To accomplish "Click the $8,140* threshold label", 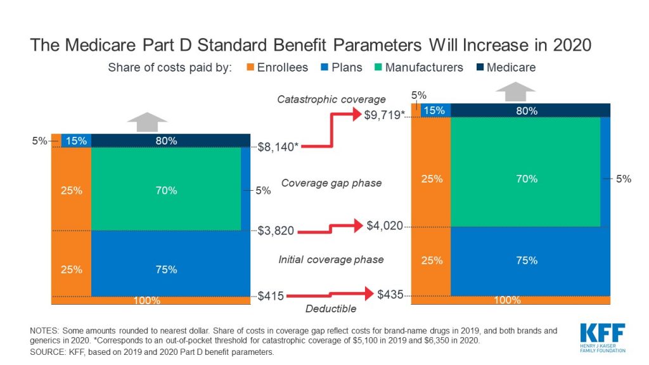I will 279,146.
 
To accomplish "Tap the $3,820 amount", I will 276,231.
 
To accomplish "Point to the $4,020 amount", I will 385,225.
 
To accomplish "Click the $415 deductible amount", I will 271,295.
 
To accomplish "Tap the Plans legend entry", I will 343,67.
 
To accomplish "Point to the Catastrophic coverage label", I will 331,99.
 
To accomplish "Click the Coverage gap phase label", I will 331,183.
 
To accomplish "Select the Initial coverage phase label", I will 331,260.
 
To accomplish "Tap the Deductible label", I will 331,309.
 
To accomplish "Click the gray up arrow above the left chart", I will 147,121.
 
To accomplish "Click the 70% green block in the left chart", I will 166,190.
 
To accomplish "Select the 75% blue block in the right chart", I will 526,260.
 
